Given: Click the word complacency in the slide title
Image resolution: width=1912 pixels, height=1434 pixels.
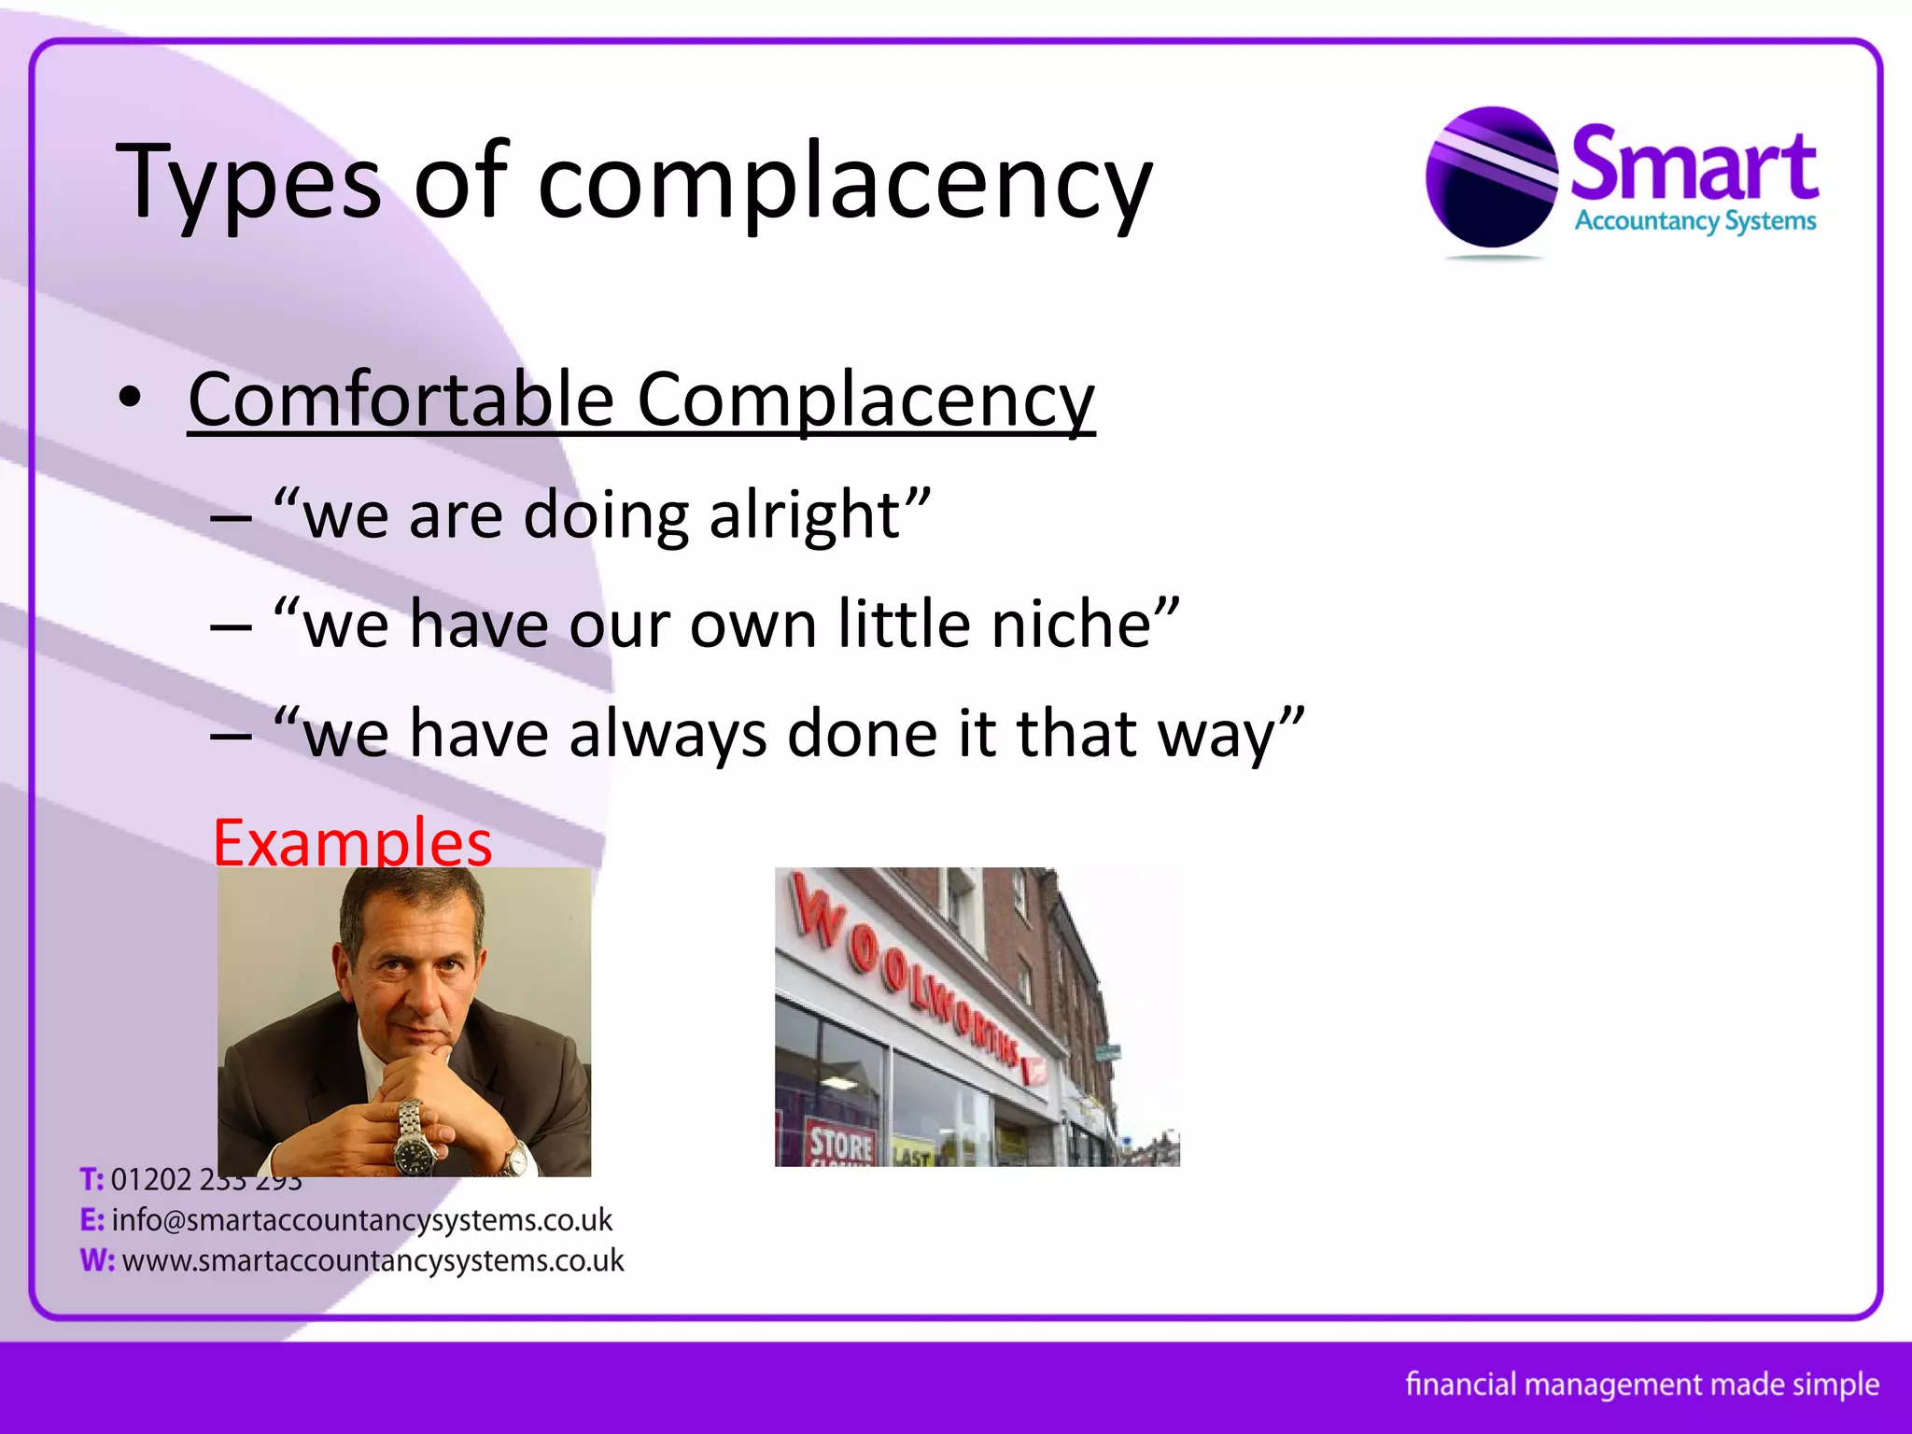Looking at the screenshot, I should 845,182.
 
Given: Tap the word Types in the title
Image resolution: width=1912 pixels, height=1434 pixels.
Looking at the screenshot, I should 248,182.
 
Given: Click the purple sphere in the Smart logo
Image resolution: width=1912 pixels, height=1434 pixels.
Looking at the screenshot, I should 1491,177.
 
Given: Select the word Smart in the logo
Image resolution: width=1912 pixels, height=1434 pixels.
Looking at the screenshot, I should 1694,165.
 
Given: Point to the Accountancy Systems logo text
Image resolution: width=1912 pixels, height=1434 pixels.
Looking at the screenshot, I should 1694,222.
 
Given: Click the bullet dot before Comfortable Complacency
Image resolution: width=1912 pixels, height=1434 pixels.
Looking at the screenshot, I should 130,399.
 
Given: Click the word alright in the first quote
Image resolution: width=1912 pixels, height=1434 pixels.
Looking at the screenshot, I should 805,515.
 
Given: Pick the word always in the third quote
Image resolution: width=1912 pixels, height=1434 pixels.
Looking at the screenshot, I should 668,734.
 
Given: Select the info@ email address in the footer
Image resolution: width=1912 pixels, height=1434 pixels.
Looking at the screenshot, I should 361,1220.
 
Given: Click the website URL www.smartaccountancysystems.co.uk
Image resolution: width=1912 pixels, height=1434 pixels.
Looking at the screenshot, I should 373,1260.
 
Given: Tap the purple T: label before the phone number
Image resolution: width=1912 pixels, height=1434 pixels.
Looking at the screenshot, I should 91,1180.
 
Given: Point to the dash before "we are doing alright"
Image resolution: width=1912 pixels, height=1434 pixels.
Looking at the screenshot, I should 231,517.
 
